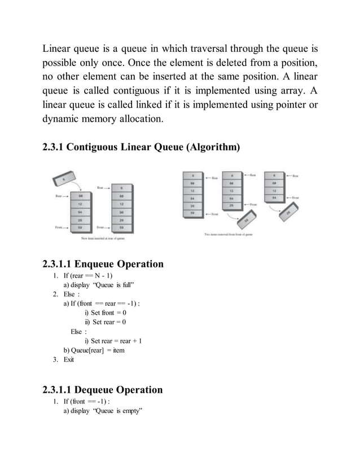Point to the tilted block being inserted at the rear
(64, 179)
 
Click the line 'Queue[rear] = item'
(94, 350)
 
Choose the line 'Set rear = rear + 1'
(113, 340)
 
